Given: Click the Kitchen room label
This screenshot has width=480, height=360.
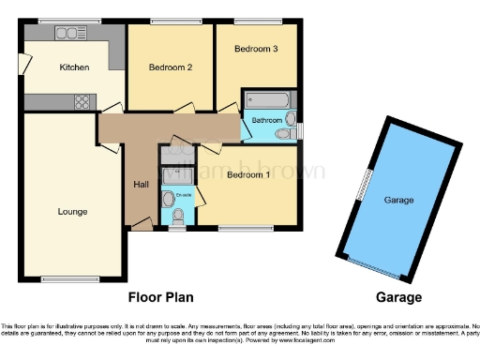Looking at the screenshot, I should tap(74, 67).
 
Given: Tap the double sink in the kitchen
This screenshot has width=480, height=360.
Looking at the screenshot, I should tap(70, 34).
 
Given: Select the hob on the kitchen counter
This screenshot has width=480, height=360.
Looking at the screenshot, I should tap(81, 101).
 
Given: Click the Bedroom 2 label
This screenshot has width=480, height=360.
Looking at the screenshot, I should tap(171, 67).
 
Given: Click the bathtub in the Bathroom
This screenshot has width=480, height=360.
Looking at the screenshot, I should tap(268, 101).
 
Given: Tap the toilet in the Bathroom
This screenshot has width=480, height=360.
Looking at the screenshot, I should tap(291, 119).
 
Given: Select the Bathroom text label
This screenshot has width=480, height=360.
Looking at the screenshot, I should tap(266, 120).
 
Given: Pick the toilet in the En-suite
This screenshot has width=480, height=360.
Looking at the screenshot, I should tap(178, 214).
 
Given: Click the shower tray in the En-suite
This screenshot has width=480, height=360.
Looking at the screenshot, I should tap(175, 174).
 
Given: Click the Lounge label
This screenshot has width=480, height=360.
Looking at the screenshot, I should tap(72, 211).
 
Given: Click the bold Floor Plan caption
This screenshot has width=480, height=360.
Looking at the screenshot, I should tap(160, 298).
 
